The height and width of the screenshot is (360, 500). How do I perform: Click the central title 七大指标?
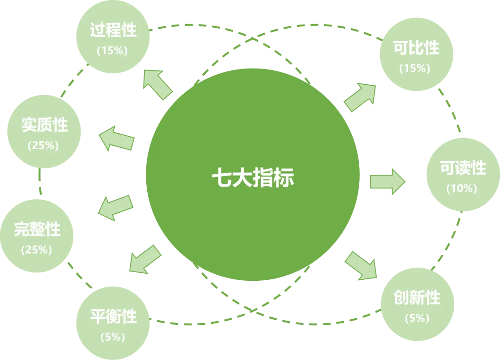[x=252, y=178]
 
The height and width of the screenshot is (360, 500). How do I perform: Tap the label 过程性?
[x=113, y=31]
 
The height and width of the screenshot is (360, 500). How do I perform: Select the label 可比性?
[x=415, y=48]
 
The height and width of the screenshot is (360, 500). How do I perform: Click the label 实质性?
[x=44, y=125]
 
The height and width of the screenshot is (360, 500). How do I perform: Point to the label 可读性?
[x=462, y=168]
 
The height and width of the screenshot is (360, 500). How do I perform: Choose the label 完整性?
[x=37, y=229]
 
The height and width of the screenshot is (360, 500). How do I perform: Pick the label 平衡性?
[x=113, y=317]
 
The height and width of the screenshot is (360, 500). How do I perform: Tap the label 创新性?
[x=417, y=297]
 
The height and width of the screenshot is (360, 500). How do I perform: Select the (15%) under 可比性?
[x=415, y=68]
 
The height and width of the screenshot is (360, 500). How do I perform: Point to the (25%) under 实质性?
[x=44, y=145]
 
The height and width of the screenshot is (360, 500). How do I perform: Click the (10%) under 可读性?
[x=462, y=189]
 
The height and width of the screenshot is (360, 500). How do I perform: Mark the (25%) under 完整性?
[x=37, y=249]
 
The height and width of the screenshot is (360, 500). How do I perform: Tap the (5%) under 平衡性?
[x=112, y=337]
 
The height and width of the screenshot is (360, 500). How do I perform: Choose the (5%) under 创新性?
[x=417, y=318]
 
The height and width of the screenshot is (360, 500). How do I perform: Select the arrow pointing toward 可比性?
[x=360, y=97]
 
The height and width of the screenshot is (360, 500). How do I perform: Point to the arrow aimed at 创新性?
[x=361, y=265]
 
